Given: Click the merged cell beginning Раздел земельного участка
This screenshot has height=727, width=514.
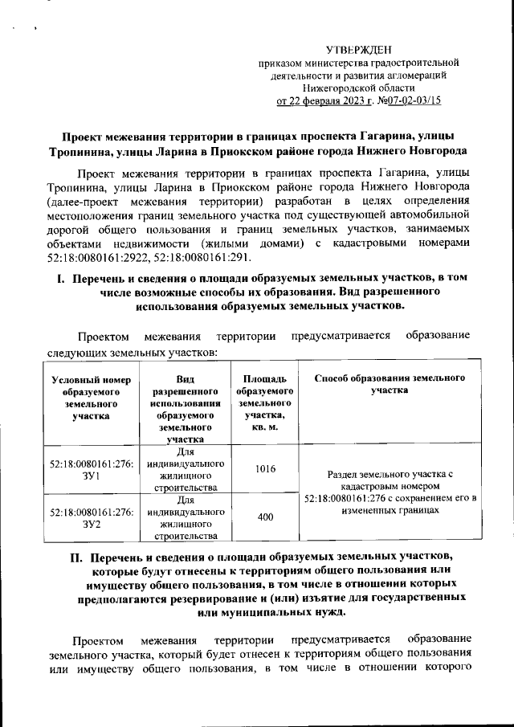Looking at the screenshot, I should point(390,492).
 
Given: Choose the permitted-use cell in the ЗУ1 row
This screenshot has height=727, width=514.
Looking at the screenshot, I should point(185,470).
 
